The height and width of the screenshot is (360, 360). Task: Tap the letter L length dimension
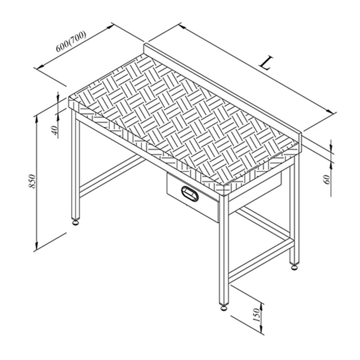[x=266, y=63]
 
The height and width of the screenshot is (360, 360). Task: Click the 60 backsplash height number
[x=327, y=179]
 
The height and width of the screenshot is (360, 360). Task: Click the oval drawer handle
[x=190, y=193]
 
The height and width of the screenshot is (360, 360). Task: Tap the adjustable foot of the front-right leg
[x=224, y=307]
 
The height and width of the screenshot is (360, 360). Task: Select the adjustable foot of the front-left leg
[x=76, y=222]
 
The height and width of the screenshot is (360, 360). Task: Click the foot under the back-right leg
[x=294, y=266]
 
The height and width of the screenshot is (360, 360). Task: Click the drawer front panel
[x=193, y=198]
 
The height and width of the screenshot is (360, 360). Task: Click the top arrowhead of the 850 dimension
[x=36, y=119]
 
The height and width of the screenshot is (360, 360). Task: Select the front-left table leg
[x=76, y=165]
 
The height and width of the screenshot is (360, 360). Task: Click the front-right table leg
[x=224, y=250]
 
